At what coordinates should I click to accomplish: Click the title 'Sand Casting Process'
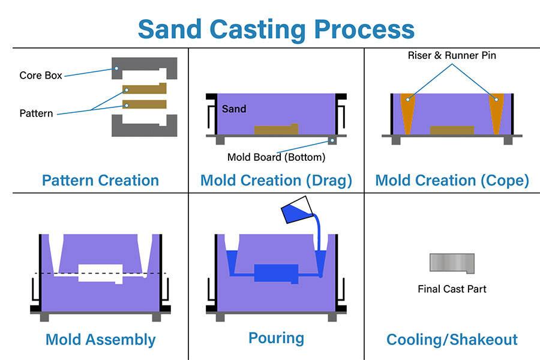[x=276, y=28]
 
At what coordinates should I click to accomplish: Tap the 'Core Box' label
[x=41, y=76]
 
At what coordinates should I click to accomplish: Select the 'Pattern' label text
[x=36, y=113]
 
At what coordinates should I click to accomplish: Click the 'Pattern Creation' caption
[x=100, y=180]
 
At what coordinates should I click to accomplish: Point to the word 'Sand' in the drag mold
[x=234, y=109]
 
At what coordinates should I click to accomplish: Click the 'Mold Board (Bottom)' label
[x=276, y=157]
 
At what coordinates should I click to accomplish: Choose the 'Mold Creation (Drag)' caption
[x=276, y=180]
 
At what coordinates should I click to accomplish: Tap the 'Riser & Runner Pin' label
[x=452, y=56]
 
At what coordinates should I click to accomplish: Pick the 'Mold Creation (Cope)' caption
[x=452, y=180]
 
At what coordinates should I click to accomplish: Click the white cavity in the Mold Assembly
[x=100, y=272]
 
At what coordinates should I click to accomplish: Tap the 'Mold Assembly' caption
[x=100, y=340]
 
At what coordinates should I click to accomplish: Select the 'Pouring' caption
[x=276, y=338]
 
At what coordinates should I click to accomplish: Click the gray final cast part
[x=451, y=262]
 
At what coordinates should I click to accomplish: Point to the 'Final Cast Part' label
[x=452, y=289]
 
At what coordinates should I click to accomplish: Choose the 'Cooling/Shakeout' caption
[x=452, y=340]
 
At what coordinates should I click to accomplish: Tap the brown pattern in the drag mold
[x=275, y=130]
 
